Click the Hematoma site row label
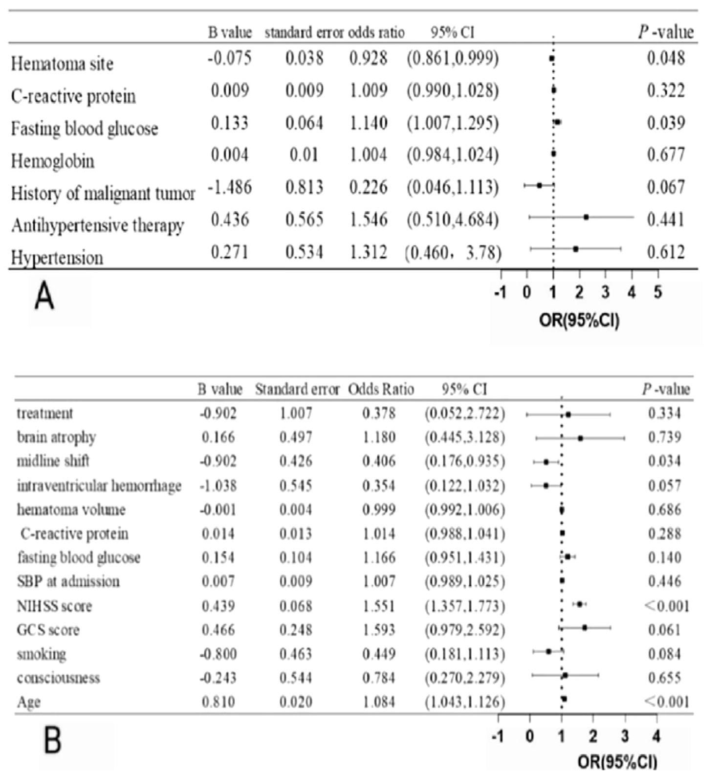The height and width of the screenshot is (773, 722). (62, 64)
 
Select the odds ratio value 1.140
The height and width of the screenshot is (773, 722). (368, 123)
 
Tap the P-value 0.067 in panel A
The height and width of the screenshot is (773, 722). (665, 187)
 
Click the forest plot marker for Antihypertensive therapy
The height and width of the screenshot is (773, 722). (586, 217)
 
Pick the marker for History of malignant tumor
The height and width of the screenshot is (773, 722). (539, 185)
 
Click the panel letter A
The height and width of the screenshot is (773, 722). (44, 297)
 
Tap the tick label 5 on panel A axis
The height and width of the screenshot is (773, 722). (657, 292)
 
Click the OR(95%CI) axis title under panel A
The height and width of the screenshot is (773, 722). (579, 321)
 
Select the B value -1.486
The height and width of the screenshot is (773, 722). (230, 187)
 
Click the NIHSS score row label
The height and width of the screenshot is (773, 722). (54, 606)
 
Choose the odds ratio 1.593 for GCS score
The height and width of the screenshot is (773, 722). (379, 629)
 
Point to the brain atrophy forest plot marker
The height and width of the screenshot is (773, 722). (580, 438)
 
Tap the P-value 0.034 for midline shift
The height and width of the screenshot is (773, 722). (664, 461)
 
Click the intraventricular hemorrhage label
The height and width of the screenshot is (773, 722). (99, 486)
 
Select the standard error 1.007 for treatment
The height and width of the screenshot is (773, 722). (296, 413)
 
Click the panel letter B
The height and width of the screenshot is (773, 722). (53, 740)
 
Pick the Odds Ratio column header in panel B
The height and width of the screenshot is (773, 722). (381, 390)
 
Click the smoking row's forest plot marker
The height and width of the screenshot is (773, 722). (548, 651)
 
